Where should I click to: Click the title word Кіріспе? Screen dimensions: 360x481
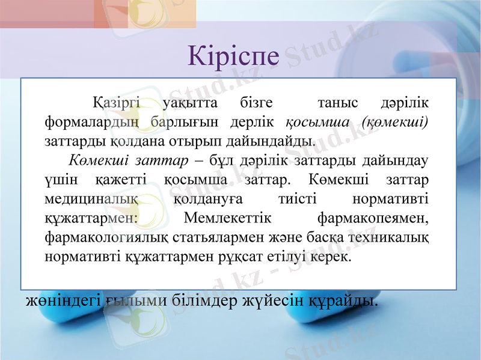(234, 55)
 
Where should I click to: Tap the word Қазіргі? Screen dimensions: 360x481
(116, 103)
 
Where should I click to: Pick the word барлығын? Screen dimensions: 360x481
(182, 123)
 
